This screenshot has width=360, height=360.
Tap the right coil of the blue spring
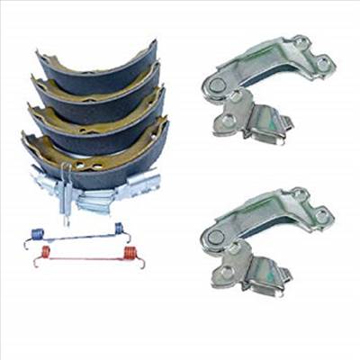click(119, 230)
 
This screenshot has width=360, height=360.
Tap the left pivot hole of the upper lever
click(214, 84)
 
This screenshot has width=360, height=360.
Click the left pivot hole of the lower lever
click(214, 236)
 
